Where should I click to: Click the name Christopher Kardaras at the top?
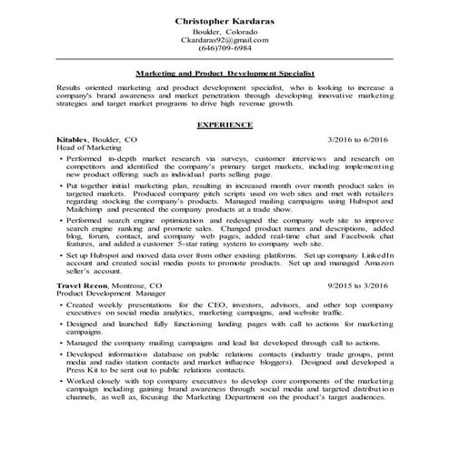pyautogui.click(x=225, y=19)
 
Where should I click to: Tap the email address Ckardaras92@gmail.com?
pyautogui.click(x=225, y=41)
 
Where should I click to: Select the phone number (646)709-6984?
pyautogui.click(x=225, y=49)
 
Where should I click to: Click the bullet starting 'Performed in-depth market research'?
pyautogui.click(x=61, y=158)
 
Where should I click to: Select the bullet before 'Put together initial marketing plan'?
pyautogui.click(x=61, y=185)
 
